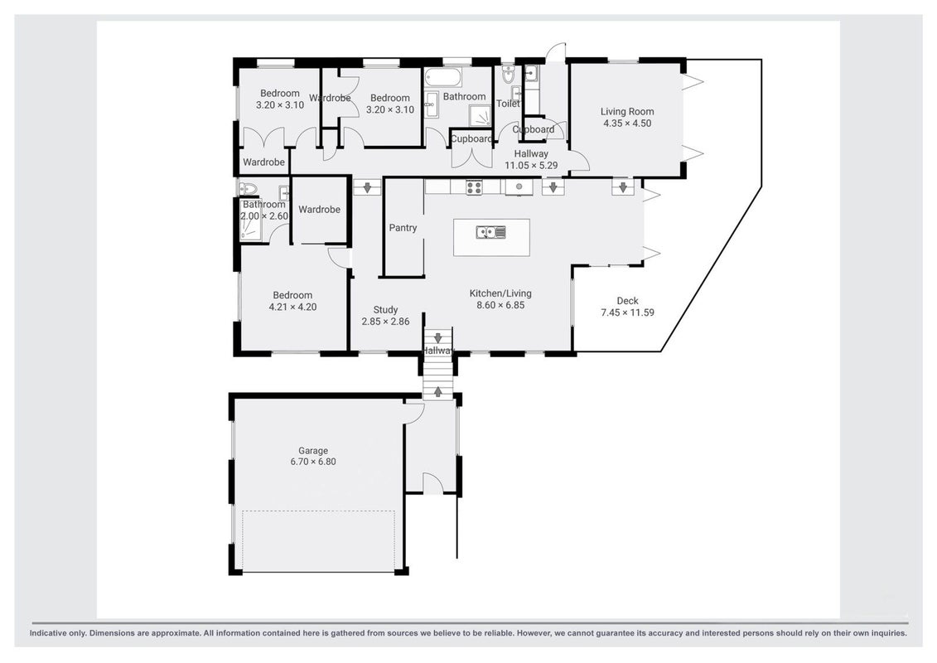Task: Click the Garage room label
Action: [x=313, y=451]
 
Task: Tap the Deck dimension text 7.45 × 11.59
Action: [x=627, y=312]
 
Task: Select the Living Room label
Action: [x=627, y=111]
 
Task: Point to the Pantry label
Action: [x=403, y=228]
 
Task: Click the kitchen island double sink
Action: [x=491, y=231]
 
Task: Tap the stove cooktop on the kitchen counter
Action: [x=474, y=187]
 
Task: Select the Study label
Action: [x=385, y=310]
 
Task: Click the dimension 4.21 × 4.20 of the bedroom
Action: [x=292, y=307]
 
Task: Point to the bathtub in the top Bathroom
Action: [x=442, y=77]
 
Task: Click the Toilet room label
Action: [x=508, y=104]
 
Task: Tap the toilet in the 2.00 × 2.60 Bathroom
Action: [x=248, y=189]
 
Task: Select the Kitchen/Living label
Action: [x=500, y=293]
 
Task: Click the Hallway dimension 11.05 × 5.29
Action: [x=531, y=165]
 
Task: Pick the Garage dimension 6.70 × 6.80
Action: [x=313, y=462]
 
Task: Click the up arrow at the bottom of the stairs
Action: [x=438, y=391]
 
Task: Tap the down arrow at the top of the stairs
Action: [x=438, y=338]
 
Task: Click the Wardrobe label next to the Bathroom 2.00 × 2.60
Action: [x=319, y=209]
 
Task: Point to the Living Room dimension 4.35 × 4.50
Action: [x=627, y=123]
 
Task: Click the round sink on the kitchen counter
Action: [x=519, y=187]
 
